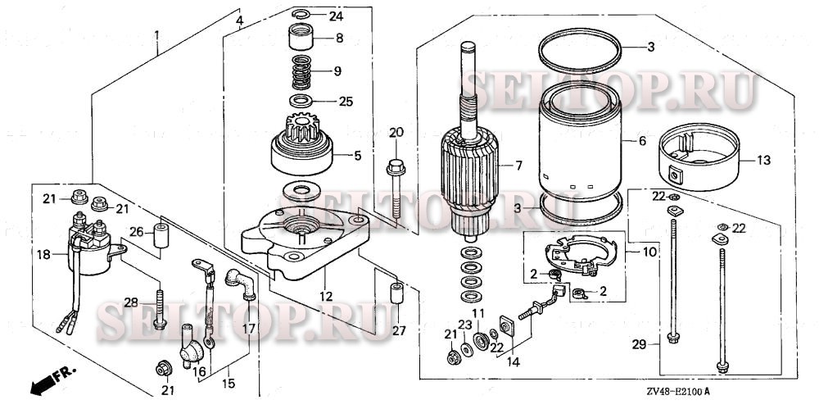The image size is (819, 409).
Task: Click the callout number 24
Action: point(337,16)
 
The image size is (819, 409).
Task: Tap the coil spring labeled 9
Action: point(304,72)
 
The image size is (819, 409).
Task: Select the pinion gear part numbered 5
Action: point(304,147)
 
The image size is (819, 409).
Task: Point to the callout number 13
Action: point(762,161)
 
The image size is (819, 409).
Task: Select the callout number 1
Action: point(157,35)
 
